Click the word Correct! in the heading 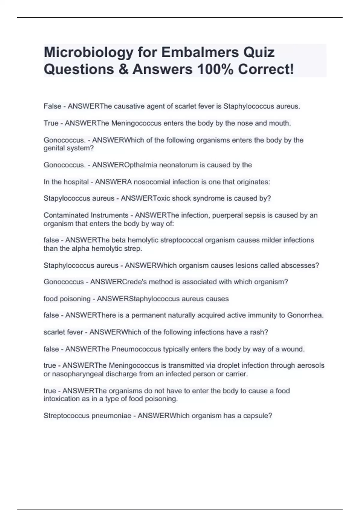[266, 69]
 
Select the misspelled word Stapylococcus [65, 198]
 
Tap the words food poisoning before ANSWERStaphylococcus [67, 299]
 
